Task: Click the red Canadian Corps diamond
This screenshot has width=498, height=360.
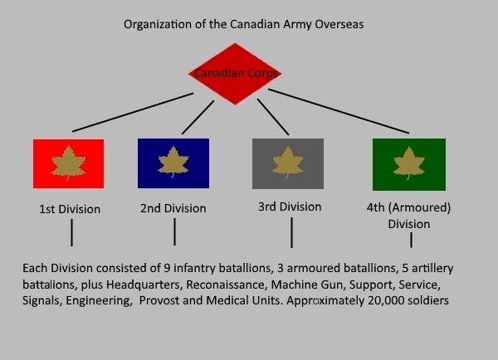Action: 235,74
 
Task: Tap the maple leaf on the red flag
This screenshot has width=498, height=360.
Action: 68,163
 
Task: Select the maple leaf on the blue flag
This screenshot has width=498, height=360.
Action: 173,161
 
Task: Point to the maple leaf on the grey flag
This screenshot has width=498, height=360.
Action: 288,162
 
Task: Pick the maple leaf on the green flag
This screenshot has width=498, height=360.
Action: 409,163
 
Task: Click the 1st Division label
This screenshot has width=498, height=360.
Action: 70,209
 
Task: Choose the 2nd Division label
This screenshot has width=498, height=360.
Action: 173,208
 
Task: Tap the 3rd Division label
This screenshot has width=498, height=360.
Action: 290,207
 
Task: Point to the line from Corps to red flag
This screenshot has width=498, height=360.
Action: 133,112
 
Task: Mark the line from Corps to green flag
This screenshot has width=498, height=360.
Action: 339,111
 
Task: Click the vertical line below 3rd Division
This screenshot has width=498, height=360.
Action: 291,232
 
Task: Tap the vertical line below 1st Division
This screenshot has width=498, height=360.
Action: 71,233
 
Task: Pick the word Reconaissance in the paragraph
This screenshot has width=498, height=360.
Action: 227,285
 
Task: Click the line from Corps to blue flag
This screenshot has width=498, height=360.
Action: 198,117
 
